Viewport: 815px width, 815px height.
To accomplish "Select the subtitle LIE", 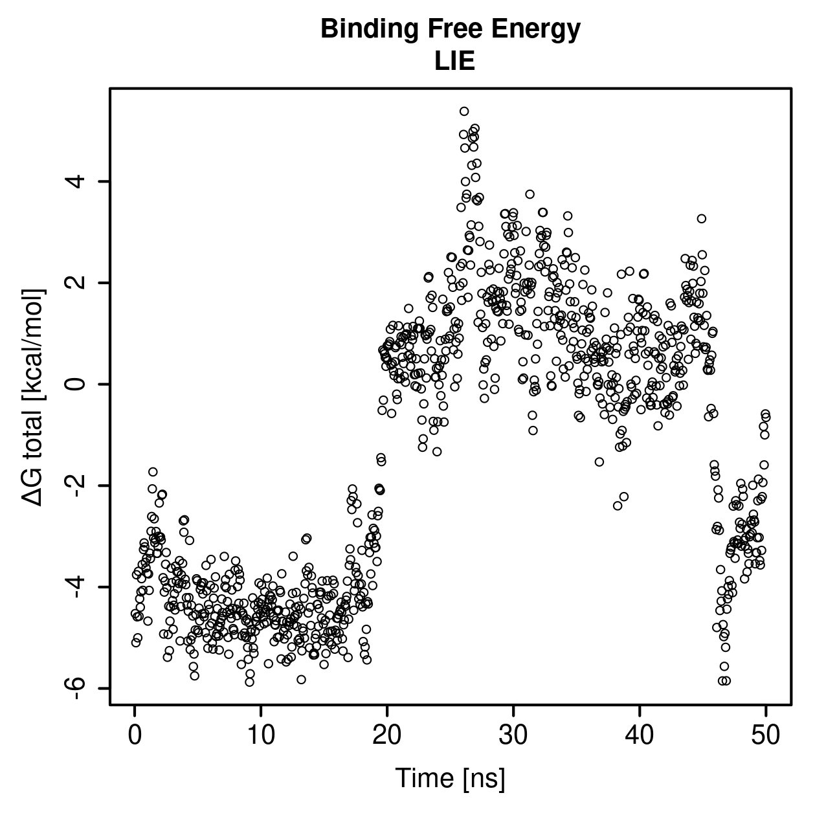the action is pyautogui.click(x=454, y=61).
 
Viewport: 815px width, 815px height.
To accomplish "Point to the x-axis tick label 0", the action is pyautogui.click(x=135, y=735).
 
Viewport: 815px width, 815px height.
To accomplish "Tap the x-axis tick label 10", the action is pyautogui.click(x=260, y=735).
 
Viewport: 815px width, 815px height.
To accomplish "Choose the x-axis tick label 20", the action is pyautogui.click(x=386, y=735).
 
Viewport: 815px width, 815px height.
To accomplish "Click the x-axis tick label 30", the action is pyautogui.click(x=513, y=735).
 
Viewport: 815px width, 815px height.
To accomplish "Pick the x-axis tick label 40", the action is pyautogui.click(x=639, y=735).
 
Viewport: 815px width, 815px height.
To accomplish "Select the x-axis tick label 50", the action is pyautogui.click(x=765, y=735).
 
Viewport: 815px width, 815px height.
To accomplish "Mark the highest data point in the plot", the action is pyautogui.click(x=464, y=111).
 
